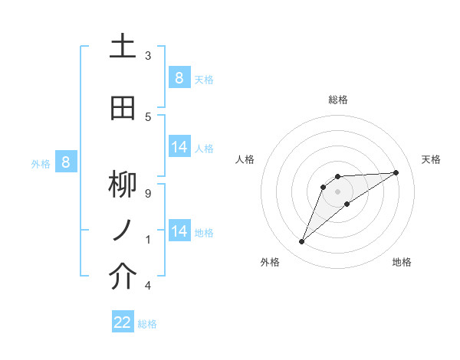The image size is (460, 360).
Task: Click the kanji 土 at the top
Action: coord(123,46)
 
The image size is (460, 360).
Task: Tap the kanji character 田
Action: coord(123,108)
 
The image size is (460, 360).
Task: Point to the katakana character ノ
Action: coord(123,231)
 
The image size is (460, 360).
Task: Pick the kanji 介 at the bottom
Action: coord(123,277)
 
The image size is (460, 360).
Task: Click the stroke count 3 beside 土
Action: coord(148,56)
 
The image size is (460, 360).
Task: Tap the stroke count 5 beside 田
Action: coord(148,117)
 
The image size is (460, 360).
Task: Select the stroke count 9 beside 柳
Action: coord(148,194)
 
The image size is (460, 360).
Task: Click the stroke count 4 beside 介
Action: coord(148,286)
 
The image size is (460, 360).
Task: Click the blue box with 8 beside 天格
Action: coord(179,77)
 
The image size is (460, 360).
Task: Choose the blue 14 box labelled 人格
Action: coord(179,147)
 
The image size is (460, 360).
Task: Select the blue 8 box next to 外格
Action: coord(66,162)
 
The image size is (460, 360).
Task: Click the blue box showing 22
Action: coord(123,322)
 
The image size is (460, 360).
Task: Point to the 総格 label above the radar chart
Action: coord(338,100)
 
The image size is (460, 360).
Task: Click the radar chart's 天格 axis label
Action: coord(431,159)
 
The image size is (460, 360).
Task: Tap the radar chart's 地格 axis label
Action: coord(402,262)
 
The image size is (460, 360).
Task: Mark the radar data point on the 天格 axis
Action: coord(396,172)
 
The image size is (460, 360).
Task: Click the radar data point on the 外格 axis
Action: coord(301,242)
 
